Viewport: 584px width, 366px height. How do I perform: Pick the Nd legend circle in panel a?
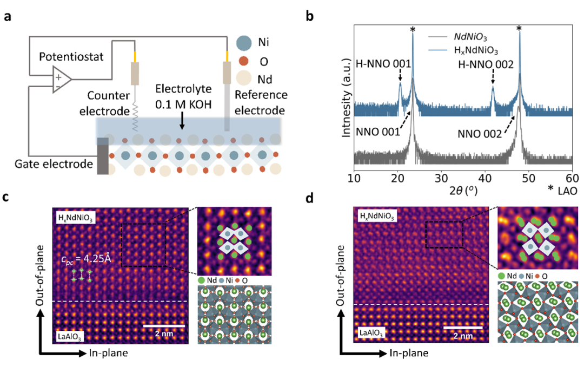click(x=244, y=79)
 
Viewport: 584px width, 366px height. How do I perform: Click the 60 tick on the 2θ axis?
click(x=572, y=178)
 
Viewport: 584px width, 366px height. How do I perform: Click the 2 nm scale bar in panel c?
click(x=164, y=326)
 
